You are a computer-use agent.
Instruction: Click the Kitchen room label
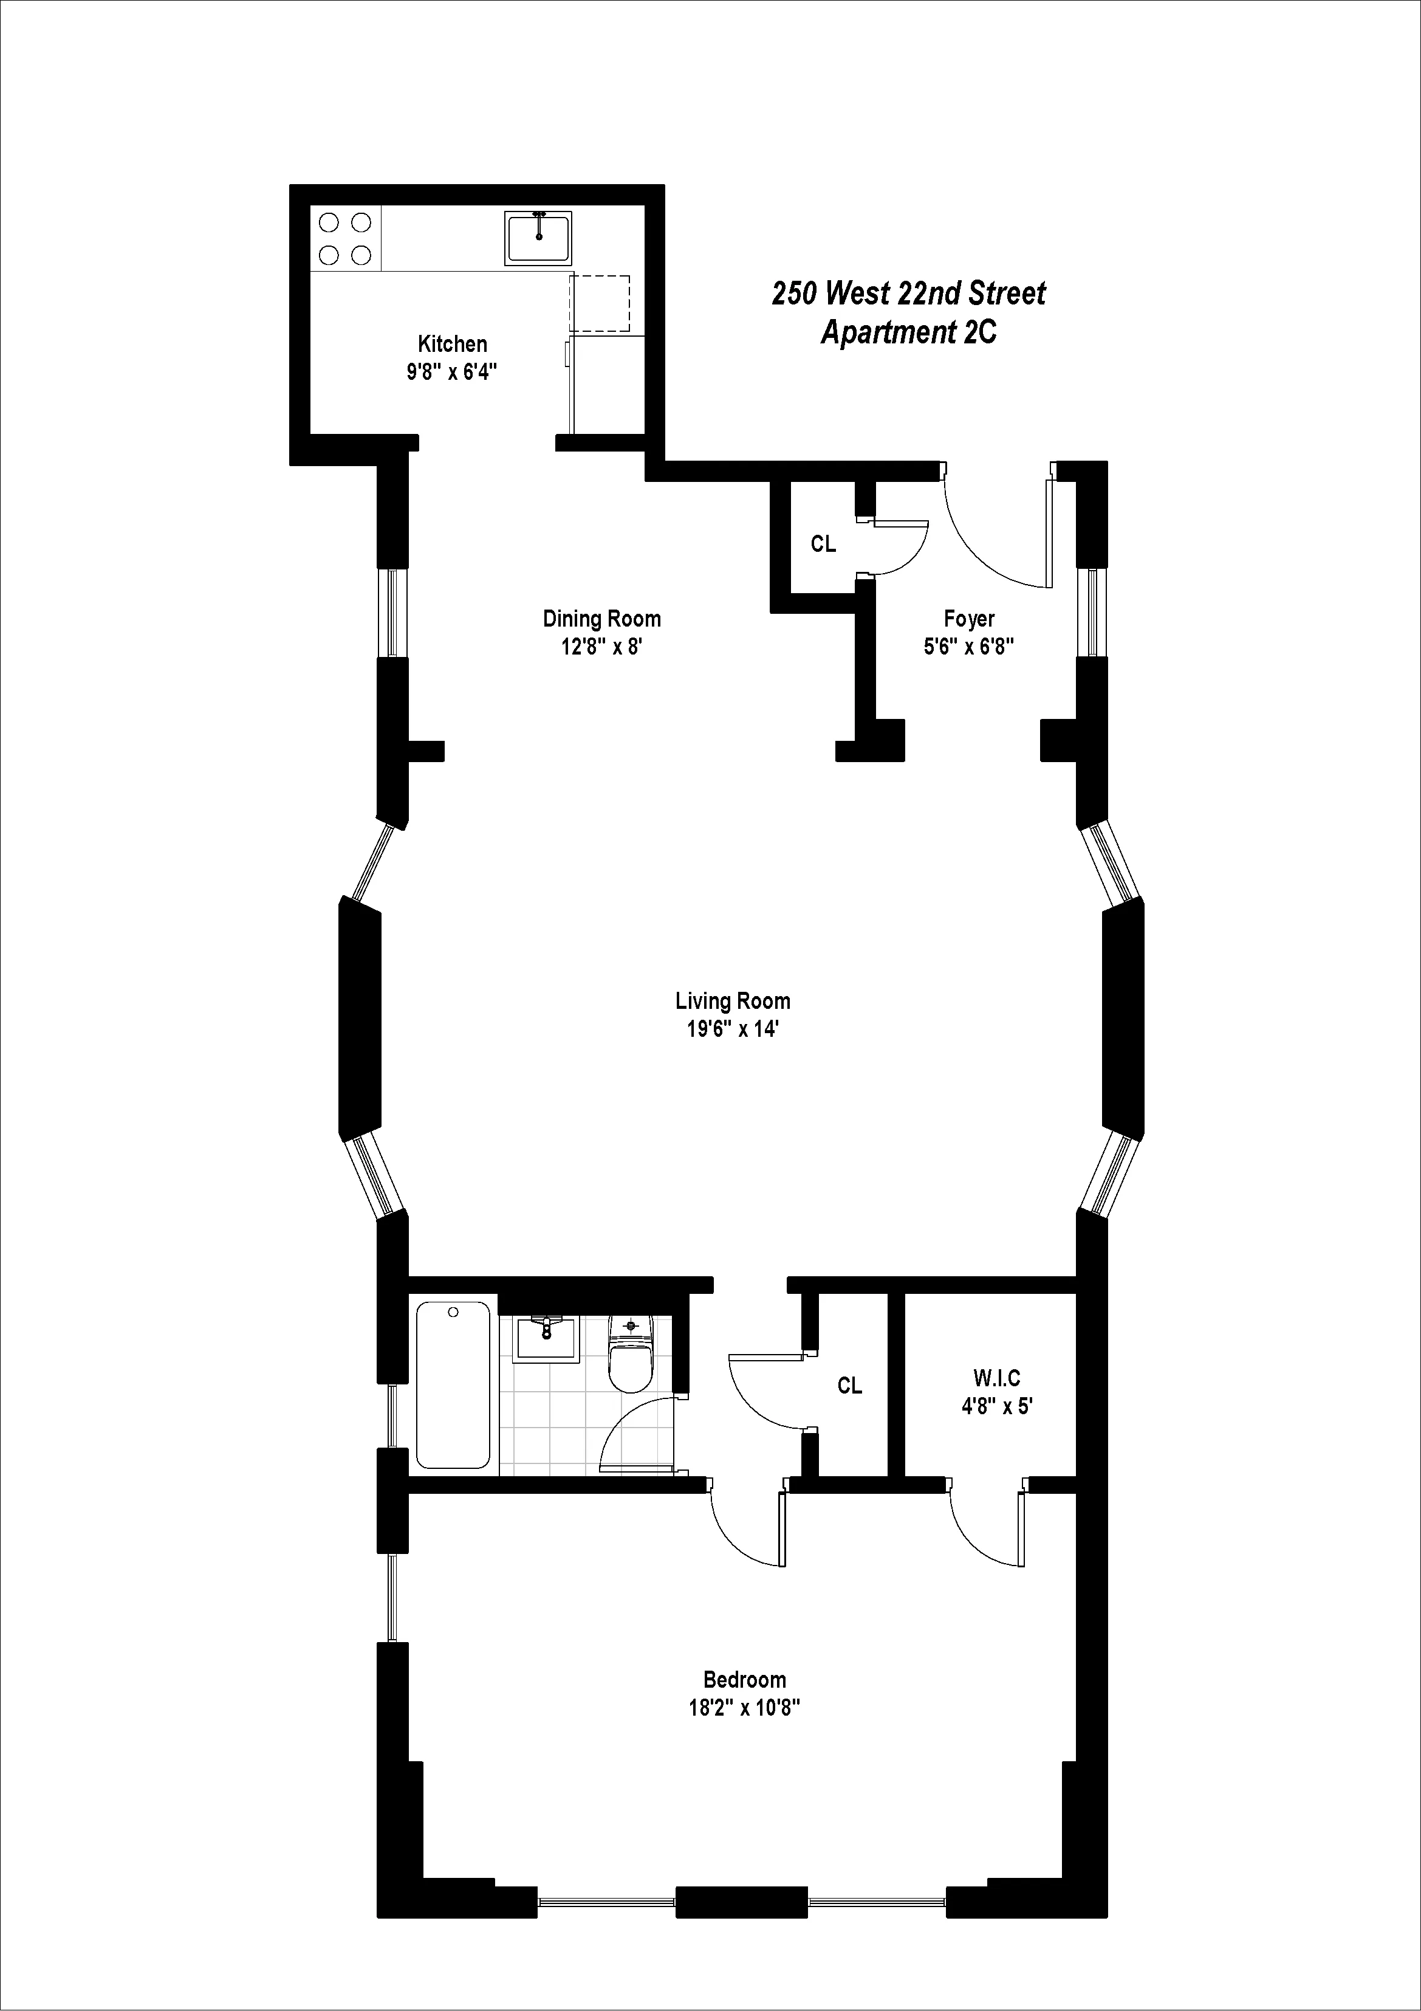pyautogui.click(x=452, y=344)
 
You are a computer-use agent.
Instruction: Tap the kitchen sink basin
pyautogui.click(x=538, y=238)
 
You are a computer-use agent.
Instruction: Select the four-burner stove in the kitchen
pyautogui.click(x=345, y=238)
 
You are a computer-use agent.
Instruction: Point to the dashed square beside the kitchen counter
pyautogui.click(x=600, y=303)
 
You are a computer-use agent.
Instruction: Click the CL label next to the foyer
pyautogui.click(x=823, y=544)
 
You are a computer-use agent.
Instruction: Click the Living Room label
pyautogui.click(x=732, y=1000)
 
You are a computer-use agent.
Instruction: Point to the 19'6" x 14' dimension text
pyautogui.click(x=732, y=1029)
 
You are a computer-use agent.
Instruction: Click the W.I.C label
pyautogui.click(x=996, y=1378)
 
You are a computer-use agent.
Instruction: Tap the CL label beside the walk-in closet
pyautogui.click(x=849, y=1385)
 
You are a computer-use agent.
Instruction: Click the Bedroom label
pyautogui.click(x=744, y=1679)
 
